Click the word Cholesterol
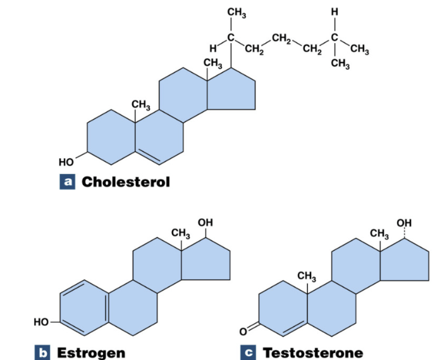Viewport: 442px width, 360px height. (x=126, y=182)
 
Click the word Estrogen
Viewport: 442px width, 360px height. (x=91, y=352)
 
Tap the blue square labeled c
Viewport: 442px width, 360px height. (x=249, y=352)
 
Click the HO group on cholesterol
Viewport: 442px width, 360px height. (x=66, y=162)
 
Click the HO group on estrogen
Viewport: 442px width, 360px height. (x=41, y=322)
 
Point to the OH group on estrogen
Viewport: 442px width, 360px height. (x=206, y=223)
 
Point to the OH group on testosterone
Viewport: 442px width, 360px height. (x=405, y=223)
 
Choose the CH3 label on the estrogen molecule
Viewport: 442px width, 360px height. (x=181, y=233)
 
